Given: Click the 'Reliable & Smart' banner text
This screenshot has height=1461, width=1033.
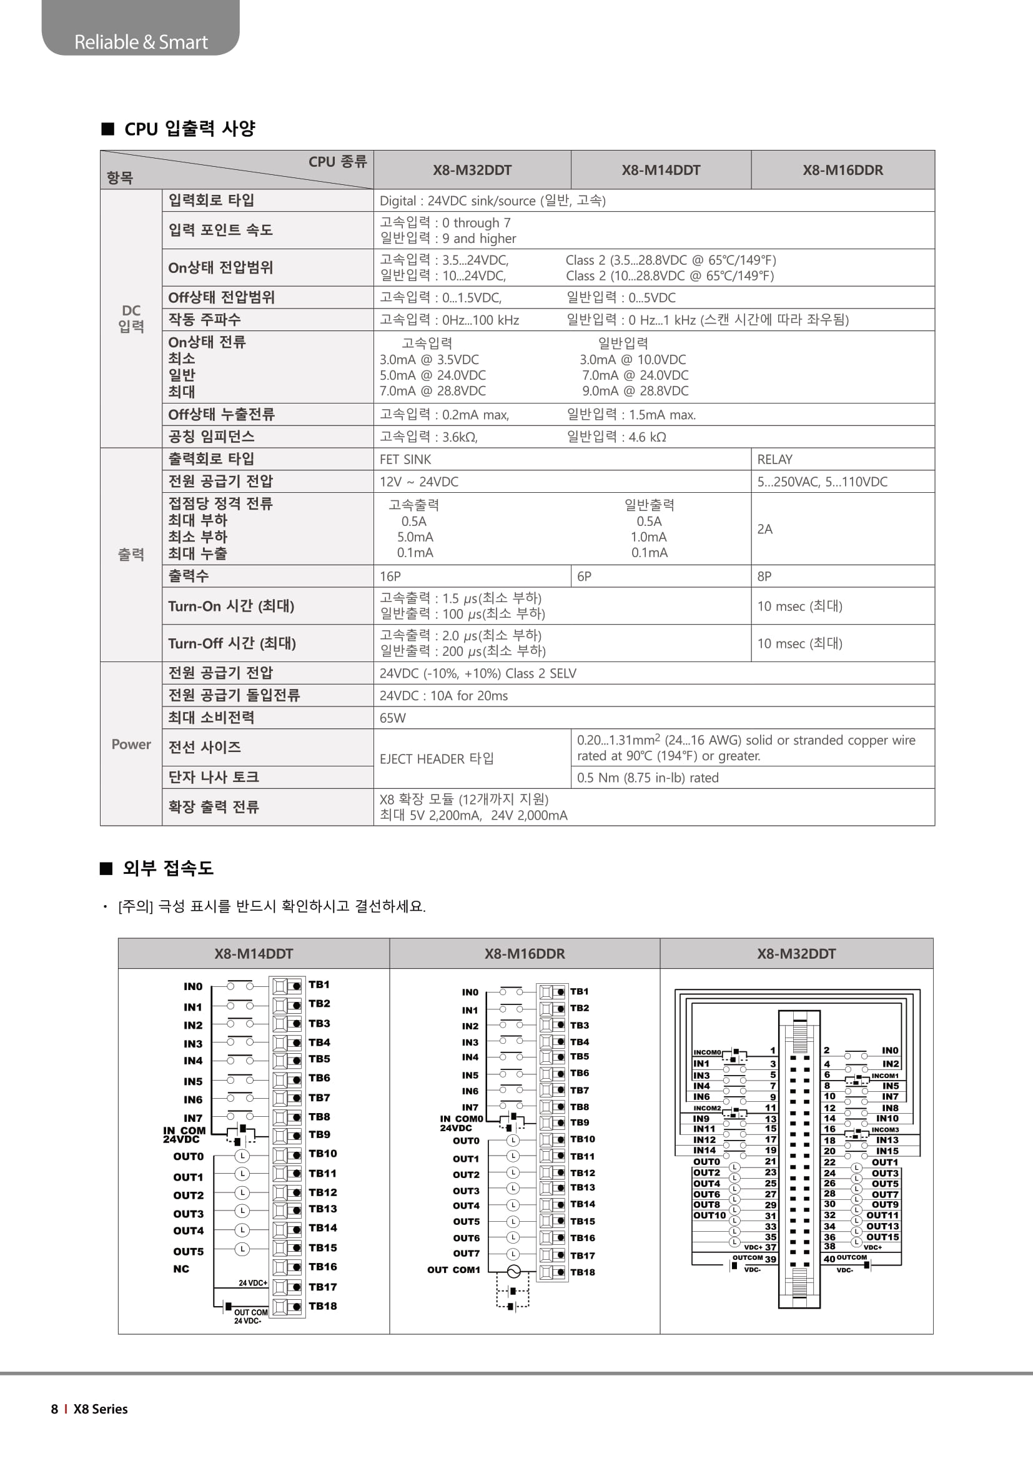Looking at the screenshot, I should pyautogui.click(x=141, y=42).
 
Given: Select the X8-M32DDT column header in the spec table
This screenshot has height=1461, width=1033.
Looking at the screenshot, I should pyautogui.click(x=472, y=170).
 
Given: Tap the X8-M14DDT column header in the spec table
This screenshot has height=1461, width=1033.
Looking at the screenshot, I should pyautogui.click(x=661, y=170).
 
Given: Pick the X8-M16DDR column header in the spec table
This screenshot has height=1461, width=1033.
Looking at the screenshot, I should pyautogui.click(x=842, y=170).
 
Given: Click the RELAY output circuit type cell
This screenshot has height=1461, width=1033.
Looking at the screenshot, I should pyautogui.click(x=774, y=460).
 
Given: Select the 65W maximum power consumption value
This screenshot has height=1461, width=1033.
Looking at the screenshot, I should pyautogui.click(x=392, y=718).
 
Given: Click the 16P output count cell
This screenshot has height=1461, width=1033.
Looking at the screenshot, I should pyautogui.click(x=390, y=577).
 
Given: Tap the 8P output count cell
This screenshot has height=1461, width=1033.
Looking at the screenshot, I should pyautogui.click(x=764, y=577).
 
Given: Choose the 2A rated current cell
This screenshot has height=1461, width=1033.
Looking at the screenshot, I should pyautogui.click(x=764, y=530).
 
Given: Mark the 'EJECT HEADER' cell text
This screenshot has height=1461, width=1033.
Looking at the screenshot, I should pyautogui.click(x=437, y=758).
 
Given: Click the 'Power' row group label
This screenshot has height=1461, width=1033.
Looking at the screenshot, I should pyautogui.click(x=131, y=745).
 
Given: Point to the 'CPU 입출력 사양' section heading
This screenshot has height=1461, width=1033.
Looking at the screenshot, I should pyautogui.click(x=190, y=129).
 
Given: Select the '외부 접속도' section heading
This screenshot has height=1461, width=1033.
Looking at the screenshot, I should pyautogui.click(x=168, y=868).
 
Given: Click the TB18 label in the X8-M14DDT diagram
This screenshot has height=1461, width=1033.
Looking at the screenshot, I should pyautogui.click(x=322, y=1306).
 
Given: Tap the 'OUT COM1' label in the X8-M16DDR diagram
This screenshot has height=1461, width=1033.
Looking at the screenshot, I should pyautogui.click(x=453, y=1269).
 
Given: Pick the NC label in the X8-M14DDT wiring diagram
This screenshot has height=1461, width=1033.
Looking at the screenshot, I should pyautogui.click(x=181, y=1269).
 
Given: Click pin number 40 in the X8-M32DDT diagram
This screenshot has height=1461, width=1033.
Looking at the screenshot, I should pyautogui.click(x=829, y=1259).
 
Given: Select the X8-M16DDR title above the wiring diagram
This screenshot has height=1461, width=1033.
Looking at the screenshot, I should pyautogui.click(x=524, y=953).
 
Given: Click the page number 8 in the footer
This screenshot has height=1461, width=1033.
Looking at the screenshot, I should pyautogui.click(x=55, y=1409).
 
